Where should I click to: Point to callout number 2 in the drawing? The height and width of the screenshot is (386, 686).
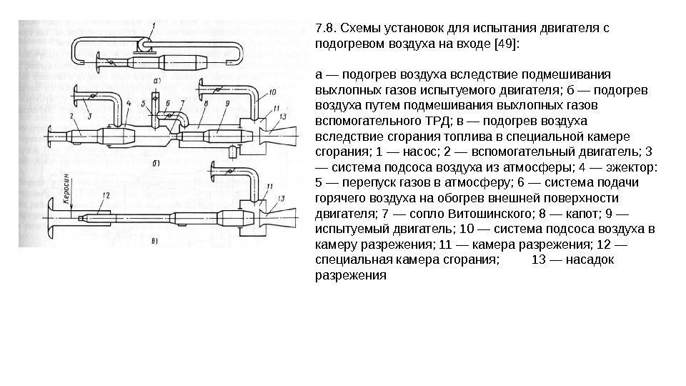pos(71,115)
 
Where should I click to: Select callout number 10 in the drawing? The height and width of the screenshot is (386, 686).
pos(272,92)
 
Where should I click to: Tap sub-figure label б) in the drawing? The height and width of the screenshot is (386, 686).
pos(155,163)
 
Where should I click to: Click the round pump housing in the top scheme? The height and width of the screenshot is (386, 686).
pos(145,46)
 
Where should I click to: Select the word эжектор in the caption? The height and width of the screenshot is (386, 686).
pos(633,167)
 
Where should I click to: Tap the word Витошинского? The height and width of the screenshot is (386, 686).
pos(484,213)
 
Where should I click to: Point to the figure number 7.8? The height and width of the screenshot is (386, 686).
pos(325,29)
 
